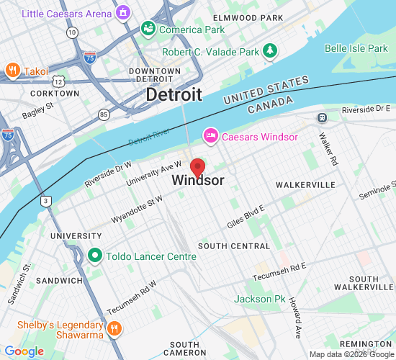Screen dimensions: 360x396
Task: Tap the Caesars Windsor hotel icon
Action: click(x=211, y=135)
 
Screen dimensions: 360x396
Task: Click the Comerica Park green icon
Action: click(x=148, y=29)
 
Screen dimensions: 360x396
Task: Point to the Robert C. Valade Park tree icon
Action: click(x=269, y=50)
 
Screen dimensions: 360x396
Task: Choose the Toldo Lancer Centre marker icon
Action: click(x=94, y=256)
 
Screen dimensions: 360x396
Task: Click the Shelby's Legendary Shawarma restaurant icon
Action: click(x=113, y=330)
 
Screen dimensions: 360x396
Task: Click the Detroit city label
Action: click(x=174, y=94)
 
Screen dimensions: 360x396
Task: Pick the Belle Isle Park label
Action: click(x=356, y=48)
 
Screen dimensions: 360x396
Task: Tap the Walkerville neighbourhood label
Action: click(x=306, y=185)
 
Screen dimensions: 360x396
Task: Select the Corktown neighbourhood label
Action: click(x=55, y=94)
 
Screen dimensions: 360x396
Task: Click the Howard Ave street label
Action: click(x=296, y=318)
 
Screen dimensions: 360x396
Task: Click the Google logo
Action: click(x=24, y=351)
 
